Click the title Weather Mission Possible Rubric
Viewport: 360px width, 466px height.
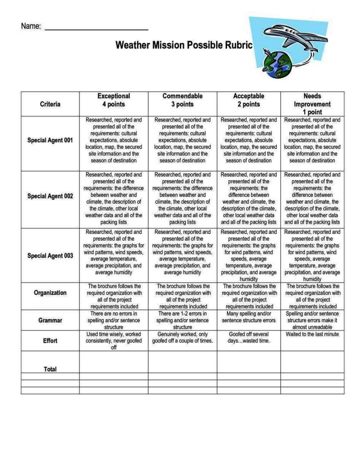184,45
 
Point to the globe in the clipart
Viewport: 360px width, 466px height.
278,65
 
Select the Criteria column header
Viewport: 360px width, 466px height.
50,104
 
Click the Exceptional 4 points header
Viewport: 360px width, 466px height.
114,100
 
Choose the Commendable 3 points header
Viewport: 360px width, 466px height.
182,100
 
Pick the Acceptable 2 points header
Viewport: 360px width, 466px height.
249,100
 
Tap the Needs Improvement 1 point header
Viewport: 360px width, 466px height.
312,104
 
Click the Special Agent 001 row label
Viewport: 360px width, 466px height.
50,140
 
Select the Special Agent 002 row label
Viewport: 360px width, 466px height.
50,196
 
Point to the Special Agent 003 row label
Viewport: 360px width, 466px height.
50,255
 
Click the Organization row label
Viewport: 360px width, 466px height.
50,293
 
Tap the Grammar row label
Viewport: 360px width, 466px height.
50,320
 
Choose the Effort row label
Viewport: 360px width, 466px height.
50,341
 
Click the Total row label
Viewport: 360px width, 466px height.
50,369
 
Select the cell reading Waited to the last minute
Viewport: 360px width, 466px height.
312,334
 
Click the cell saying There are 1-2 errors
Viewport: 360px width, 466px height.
182,320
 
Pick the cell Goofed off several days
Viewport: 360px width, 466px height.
249,338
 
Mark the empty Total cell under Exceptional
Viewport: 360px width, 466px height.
114,361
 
